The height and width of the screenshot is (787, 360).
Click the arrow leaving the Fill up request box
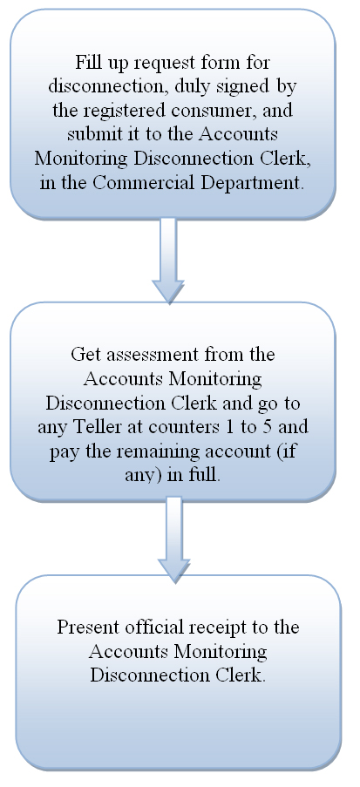[169, 261]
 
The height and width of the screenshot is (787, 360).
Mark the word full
[206, 475]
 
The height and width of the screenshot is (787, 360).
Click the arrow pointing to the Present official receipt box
[173, 539]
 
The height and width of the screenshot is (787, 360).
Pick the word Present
[88, 628]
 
